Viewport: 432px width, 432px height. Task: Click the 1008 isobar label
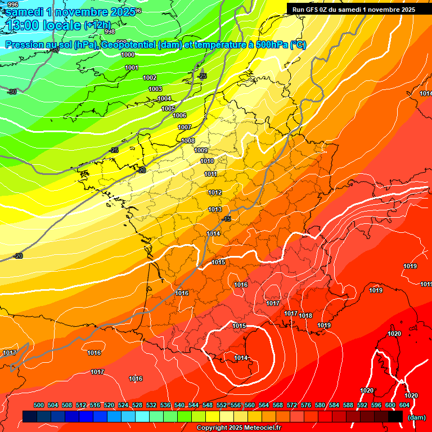(x=188, y=141)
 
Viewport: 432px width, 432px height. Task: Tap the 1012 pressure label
(x=215, y=192)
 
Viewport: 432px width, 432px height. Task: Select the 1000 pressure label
(x=128, y=55)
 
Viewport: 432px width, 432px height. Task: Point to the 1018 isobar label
(x=305, y=316)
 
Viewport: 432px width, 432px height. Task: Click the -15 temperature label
(x=227, y=219)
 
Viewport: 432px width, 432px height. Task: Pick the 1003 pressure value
(x=155, y=89)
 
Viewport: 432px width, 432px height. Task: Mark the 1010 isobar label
(x=207, y=161)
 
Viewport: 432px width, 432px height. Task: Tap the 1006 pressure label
(x=179, y=115)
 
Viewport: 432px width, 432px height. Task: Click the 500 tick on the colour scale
(x=39, y=405)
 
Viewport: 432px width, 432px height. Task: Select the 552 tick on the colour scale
(x=222, y=405)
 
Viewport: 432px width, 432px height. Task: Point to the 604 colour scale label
(x=404, y=405)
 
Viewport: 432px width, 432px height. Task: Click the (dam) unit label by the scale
(x=416, y=417)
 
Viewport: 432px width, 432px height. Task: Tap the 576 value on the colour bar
(x=306, y=405)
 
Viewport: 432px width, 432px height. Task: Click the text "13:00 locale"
(x=44, y=25)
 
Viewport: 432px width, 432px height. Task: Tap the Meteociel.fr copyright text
(x=239, y=428)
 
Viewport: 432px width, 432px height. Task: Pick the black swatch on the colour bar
(x=395, y=416)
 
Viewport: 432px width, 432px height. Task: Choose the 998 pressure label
(x=110, y=31)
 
